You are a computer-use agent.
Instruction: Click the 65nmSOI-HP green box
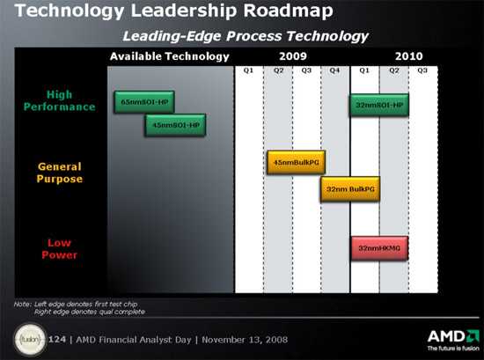click(144, 101)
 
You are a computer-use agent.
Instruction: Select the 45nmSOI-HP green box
click(175, 125)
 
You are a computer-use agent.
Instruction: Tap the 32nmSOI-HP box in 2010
click(379, 105)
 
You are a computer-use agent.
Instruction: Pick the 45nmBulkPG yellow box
click(296, 163)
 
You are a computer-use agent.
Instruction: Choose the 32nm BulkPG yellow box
click(350, 189)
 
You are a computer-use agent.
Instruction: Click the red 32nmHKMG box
click(379, 248)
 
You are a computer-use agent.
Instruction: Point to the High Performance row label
click(59, 100)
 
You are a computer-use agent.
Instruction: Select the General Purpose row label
click(60, 173)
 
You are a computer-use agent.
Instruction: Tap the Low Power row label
click(59, 249)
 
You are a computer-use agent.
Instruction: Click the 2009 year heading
click(293, 56)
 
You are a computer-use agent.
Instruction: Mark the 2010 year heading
click(409, 56)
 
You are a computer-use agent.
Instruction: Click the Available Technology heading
click(170, 56)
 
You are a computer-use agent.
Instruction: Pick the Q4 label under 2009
click(334, 70)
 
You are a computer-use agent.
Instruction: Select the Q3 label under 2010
click(422, 70)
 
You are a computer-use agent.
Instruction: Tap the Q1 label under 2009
click(248, 70)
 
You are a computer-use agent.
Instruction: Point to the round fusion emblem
click(30, 340)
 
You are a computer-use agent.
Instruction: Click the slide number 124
click(57, 340)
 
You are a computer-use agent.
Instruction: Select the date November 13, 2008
click(245, 340)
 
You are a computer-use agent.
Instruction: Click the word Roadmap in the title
click(289, 11)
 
